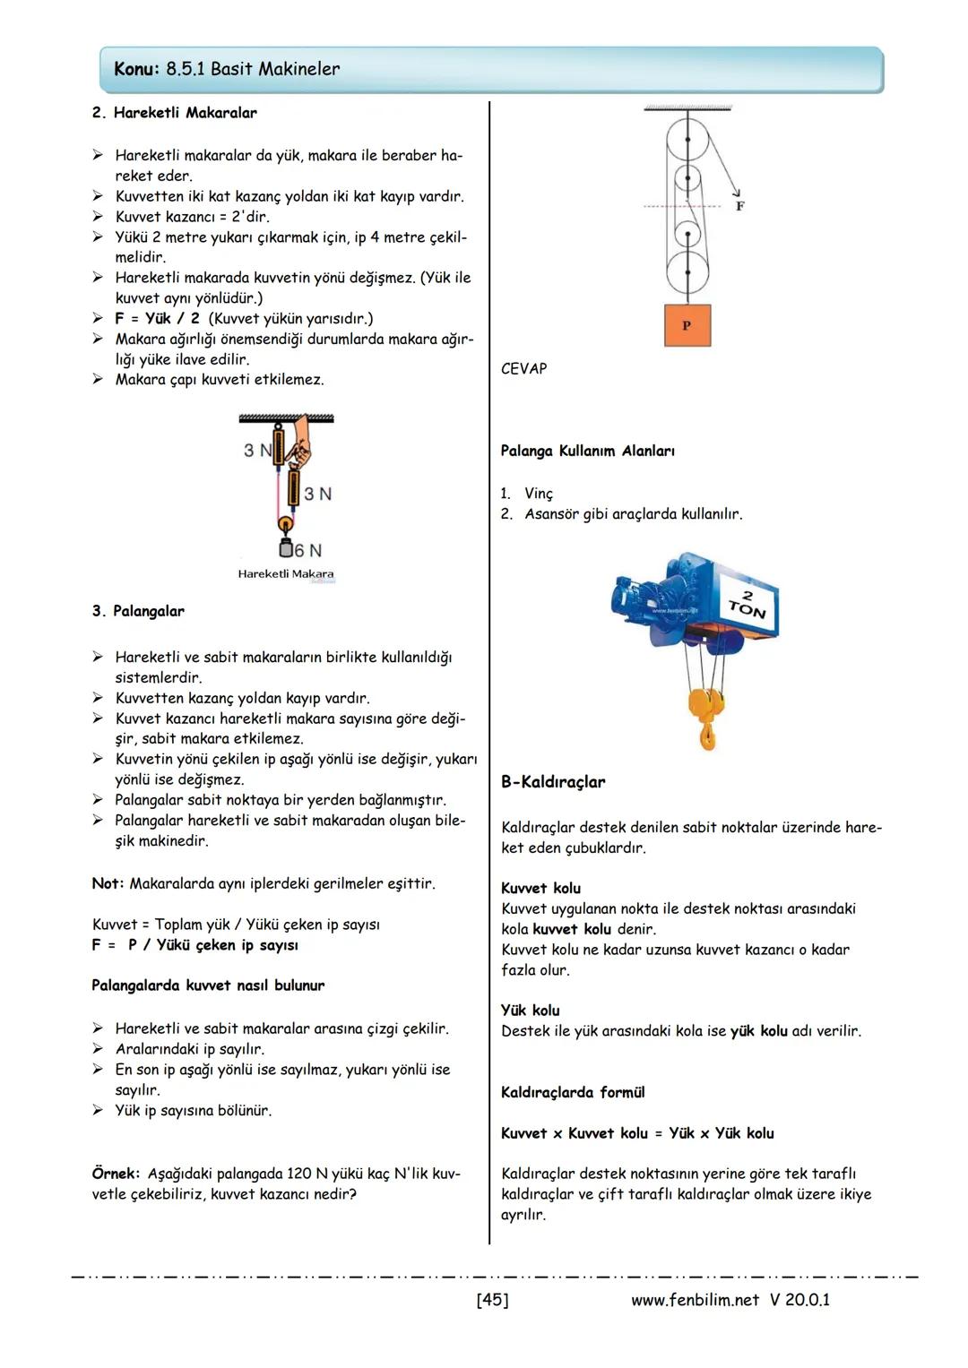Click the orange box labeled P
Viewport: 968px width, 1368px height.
click(x=687, y=325)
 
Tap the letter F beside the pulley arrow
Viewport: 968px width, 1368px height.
click(x=739, y=206)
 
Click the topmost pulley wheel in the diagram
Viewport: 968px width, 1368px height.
click(x=687, y=141)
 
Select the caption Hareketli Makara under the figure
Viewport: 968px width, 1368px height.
click(x=285, y=574)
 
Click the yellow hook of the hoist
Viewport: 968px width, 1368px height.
click(x=707, y=717)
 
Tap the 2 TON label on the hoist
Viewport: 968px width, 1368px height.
click(x=748, y=605)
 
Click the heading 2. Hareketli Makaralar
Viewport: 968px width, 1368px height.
click(x=174, y=113)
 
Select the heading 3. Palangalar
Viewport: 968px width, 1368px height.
click(x=138, y=611)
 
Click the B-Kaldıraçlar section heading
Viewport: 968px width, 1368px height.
click(x=552, y=782)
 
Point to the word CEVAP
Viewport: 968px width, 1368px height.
click(x=523, y=368)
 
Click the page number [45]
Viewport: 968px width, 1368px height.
click(x=492, y=1299)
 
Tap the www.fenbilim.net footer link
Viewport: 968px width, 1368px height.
click(x=695, y=1299)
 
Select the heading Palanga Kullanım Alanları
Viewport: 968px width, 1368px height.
click(x=587, y=451)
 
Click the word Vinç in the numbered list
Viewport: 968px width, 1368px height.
click(x=539, y=494)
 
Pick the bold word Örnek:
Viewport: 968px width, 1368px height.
click(x=116, y=1173)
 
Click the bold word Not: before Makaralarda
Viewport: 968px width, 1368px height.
click(x=108, y=883)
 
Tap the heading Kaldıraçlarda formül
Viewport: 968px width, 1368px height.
click(x=573, y=1092)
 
